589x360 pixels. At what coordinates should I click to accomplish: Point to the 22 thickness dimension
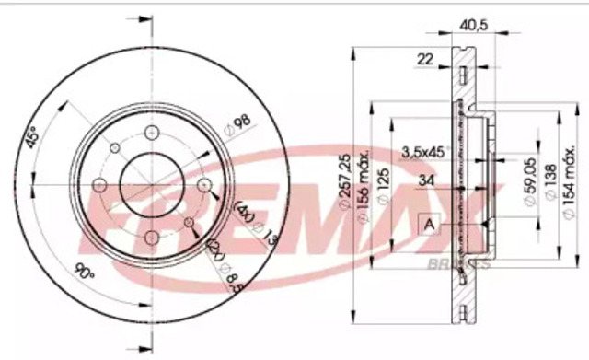click(424, 59)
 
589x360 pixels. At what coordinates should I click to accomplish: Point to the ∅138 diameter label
click(550, 184)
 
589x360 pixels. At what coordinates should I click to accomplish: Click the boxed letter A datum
click(429, 222)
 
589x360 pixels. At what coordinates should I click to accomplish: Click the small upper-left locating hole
click(113, 148)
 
